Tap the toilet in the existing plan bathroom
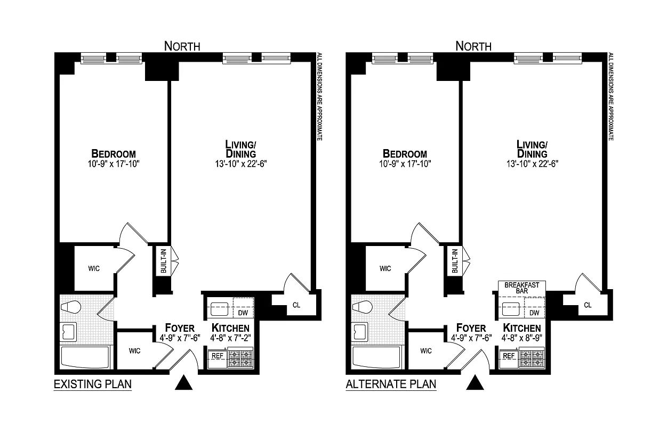coord(70,308)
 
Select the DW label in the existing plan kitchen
coord(243,313)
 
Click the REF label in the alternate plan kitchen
coord(509,356)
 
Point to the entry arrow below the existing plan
coord(183,382)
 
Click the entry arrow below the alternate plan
coord(475,382)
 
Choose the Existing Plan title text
coord(93,384)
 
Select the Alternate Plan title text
coord(390,384)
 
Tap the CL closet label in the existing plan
coord(296,306)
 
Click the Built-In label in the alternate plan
coord(455,261)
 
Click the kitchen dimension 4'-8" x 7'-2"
coord(230,338)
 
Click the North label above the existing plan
coord(182,46)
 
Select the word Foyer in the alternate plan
coord(471,328)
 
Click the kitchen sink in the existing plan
coord(219,309)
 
